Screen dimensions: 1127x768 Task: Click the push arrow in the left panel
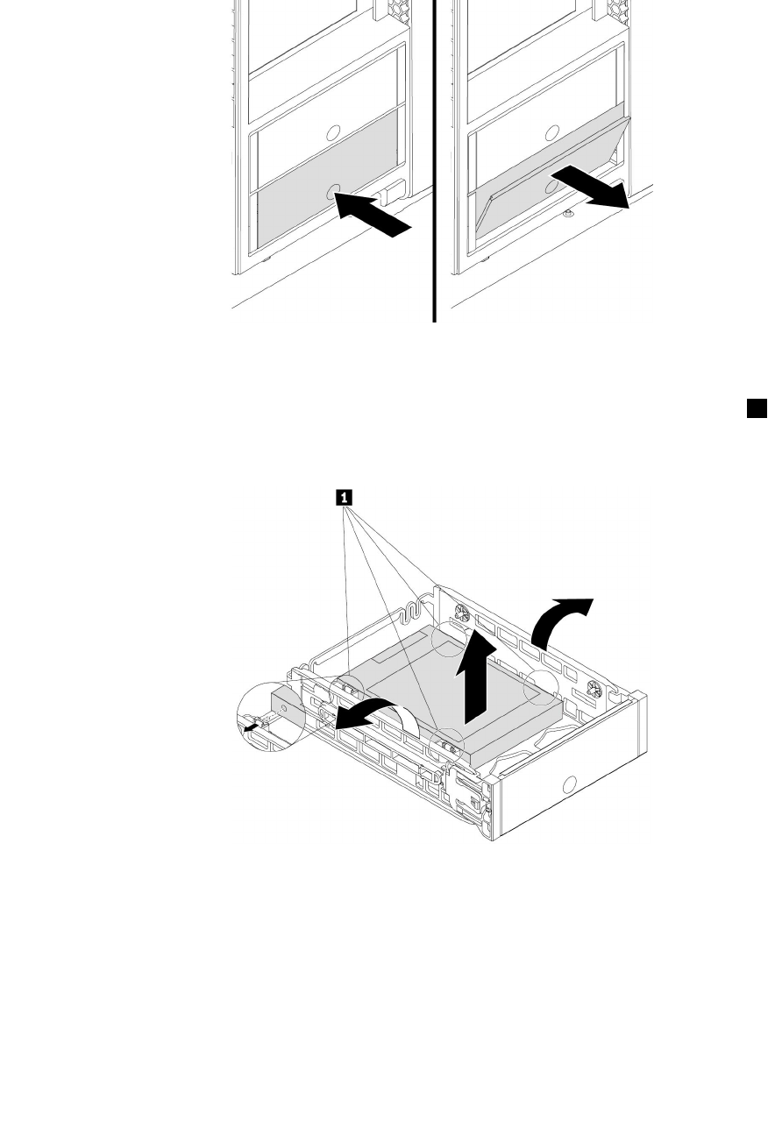[x=374, y=217]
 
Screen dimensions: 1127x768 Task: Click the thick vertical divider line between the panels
[x=434, y=158]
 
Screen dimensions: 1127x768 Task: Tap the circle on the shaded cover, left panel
[x=332, y=195]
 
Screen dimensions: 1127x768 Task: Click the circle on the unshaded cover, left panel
[x=332, y=132]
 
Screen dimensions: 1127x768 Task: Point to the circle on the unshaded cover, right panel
[x=553, y=132]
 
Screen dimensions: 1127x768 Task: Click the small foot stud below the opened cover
[x=569, y=211]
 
